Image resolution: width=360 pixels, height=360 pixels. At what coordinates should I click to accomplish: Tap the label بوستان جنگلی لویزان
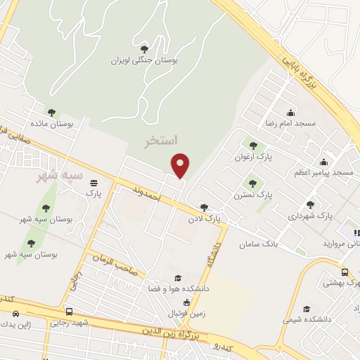pyautogui.click(x=144, y=60)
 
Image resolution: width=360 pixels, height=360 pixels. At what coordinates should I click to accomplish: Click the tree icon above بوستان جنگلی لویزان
pyautogui.click(x=144, y=49)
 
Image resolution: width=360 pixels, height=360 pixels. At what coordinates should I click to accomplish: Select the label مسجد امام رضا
pyautogui.click(x=291, y=123)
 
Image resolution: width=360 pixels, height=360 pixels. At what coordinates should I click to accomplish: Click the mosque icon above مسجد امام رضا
pyautogui.click(x=291, y=112)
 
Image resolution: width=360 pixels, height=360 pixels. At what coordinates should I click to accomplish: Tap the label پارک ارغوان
pyautogui.click(x=253, y=156)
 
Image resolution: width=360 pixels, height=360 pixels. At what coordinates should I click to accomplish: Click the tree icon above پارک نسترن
pyautogui.click(x=252, y=184)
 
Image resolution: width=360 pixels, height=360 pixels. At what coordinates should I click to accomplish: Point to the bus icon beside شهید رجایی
pyautogui.click(x=68, y=311)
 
